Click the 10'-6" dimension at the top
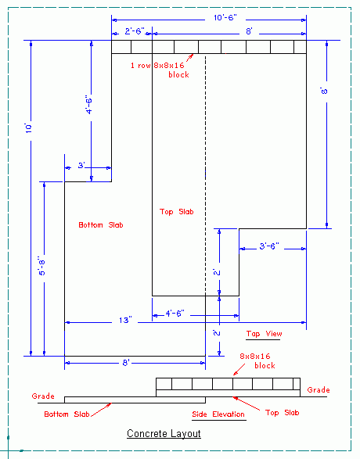point(225,18)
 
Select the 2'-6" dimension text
point(135,31)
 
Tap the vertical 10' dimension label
point(28,128)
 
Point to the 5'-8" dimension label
point(42,266)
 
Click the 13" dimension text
point(125,321)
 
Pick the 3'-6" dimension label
point(269,246)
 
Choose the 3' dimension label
point(81,166)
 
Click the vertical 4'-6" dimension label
point(88,104)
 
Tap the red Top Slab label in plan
point(176,212)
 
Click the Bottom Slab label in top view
point(101,225)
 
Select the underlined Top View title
point(264,334)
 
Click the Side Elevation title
point(218,414)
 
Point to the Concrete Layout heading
point(164,433)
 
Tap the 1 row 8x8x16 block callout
point(160,70)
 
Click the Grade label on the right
point(319,390)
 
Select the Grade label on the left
point(43,396)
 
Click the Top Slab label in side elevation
point(282,412)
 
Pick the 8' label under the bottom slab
point(126,363)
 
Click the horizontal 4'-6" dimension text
point(175,314)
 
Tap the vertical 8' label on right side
point(324,91)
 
